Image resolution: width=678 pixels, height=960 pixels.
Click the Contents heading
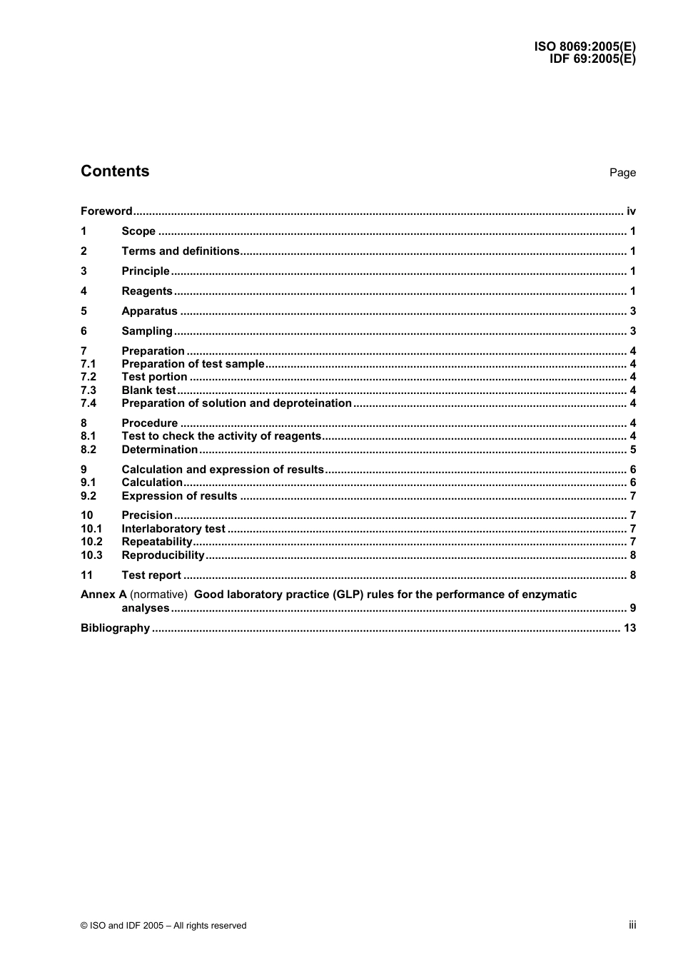(115, 171)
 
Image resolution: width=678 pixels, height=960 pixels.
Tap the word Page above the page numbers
(622, 173)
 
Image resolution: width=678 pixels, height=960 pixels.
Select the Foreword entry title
(106, 211)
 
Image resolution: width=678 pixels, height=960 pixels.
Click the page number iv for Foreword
(631, 211)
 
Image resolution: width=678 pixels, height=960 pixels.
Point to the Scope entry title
(138, 231)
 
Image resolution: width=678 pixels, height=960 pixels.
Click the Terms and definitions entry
(181, 251)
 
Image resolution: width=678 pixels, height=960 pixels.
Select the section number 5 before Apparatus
(84, 311)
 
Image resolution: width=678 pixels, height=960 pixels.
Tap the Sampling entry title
(147, 331)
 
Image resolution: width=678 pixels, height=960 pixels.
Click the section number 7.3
(88, 390)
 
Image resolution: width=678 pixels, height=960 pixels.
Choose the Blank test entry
(148, 390)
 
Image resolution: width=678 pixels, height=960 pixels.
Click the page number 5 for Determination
(633, 450)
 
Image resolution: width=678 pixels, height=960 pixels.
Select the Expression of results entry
(179, 496)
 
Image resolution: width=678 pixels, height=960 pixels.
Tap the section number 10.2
(91, 542)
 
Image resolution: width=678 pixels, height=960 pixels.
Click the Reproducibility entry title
(163, 555)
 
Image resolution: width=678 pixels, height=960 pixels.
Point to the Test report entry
(151, 575)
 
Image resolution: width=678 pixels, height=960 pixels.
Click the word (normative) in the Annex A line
(158, 595)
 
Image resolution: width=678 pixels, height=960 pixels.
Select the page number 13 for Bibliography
(629, 628)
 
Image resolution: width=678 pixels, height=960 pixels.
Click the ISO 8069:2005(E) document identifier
(585, 47)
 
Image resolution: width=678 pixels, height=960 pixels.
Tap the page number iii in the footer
(632, 925)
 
